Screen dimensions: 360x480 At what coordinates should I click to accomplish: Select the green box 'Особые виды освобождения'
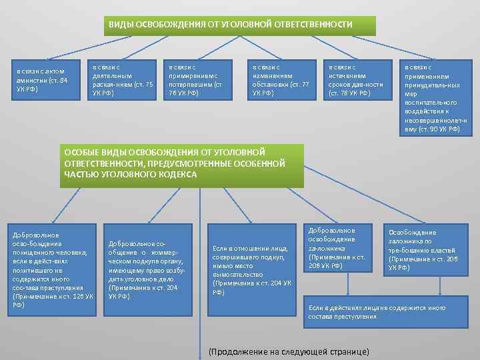[x=181, y=164]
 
